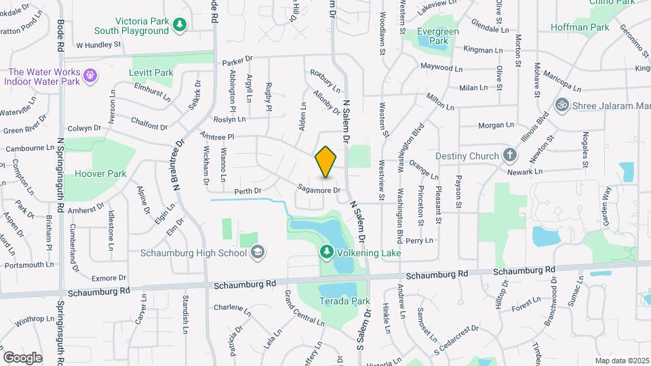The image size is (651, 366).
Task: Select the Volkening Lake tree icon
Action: point(326,253)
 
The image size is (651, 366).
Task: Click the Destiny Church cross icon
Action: point(510,156)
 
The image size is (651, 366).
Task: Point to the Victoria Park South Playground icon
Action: point(180,25)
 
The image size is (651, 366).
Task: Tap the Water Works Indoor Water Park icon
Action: point(87,73)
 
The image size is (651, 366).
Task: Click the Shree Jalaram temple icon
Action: point(561,106)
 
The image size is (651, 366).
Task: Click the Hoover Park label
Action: point(101,174)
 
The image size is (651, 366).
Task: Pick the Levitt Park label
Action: point(152,73)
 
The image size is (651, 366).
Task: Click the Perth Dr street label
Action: point(248,192)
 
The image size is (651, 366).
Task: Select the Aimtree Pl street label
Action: point(217,136)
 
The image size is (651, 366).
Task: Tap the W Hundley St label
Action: point(98,45)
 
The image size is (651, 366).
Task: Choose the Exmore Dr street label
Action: point(108,278)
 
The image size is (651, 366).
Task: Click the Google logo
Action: point(22,357)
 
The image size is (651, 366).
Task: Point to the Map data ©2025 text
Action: point(621,361)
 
